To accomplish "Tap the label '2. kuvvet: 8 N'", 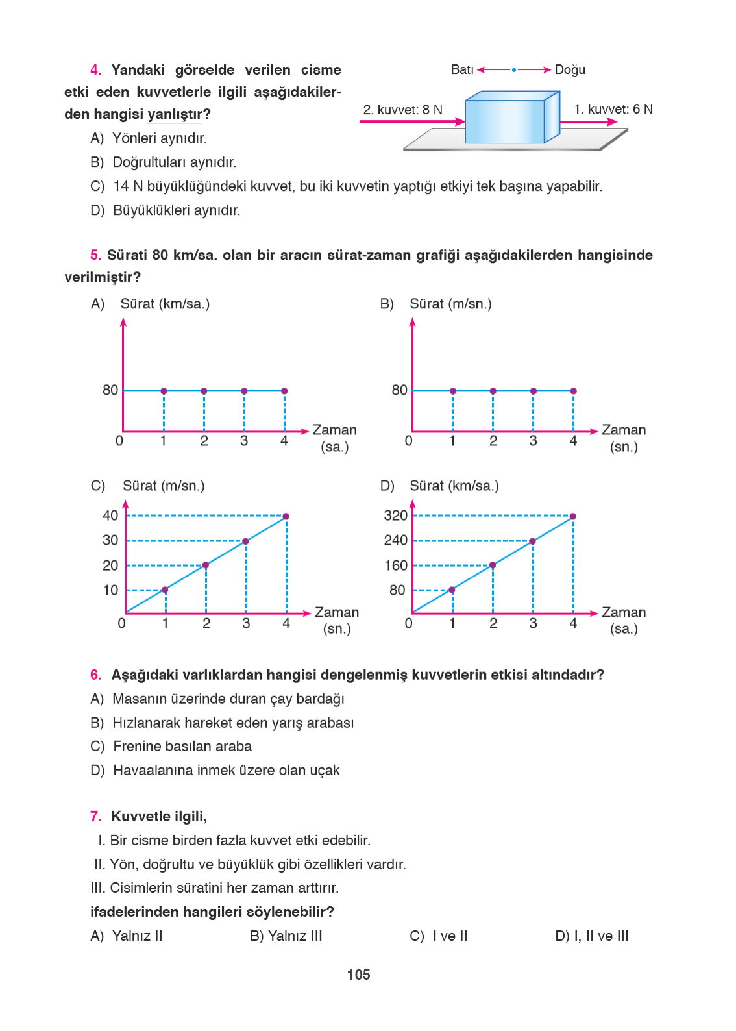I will [x=402, y=110].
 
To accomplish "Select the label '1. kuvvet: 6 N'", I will [x=613, y=109].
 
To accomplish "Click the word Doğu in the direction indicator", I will [x=570, y=69].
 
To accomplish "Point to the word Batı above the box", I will [x=462, y=69].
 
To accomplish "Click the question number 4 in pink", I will [x=95, y=70].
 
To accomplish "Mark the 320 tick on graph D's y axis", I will [x=395, y=515].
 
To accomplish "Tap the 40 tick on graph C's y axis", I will [x=110, y=515].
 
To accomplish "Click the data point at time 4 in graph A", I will [x=284, y=391].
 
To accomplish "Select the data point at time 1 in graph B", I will [x=453, y=391].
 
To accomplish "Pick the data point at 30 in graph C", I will [x=245, y=541].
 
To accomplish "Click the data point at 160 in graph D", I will [x=493, y=565].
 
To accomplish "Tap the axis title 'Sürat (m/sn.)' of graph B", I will [x=450, y=304].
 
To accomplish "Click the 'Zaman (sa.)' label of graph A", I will [x=334, y=438].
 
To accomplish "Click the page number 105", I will [x=358, y=975].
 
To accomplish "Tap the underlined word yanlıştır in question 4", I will [x=175, y=114].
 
